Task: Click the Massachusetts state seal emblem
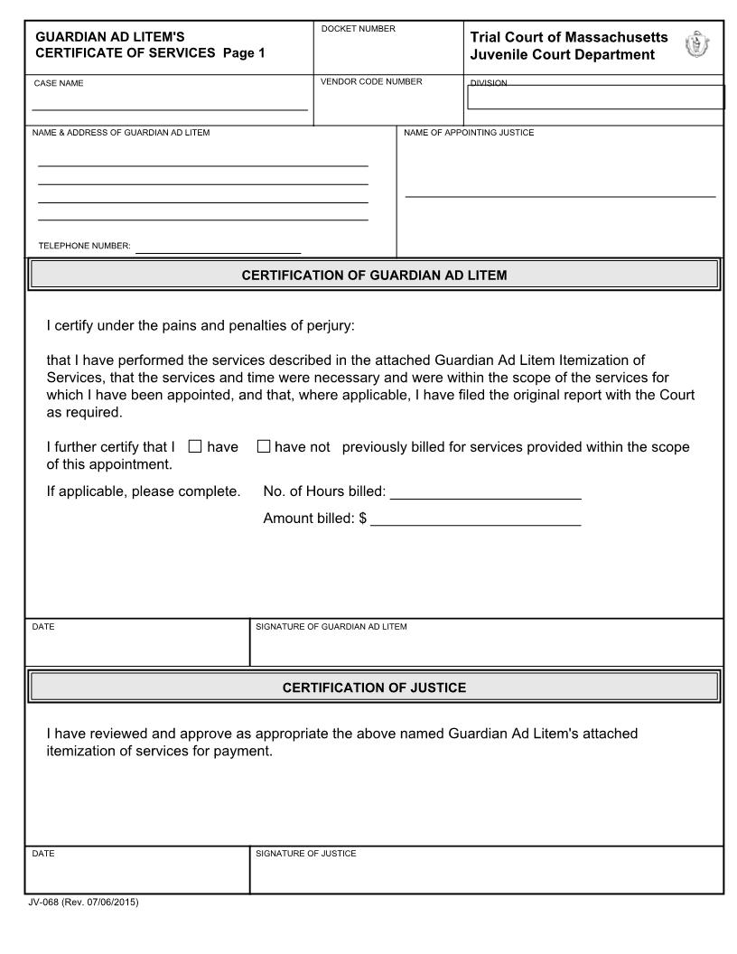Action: tap(698, 44)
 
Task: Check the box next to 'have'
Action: tap(195, 446)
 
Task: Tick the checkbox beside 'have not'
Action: tap(264, 446)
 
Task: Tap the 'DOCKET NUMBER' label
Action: tap(359, 30)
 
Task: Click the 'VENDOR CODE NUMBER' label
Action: tap(371, 82)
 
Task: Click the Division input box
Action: tap(596, 98)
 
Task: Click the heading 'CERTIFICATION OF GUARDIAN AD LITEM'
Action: tap(374, 276)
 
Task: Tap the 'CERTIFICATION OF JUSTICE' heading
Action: tap(374, 687)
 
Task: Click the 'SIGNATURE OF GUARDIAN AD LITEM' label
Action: tap(331, 627)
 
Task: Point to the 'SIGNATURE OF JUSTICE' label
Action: tap(306, 854)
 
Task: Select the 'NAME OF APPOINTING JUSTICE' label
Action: tap(469, 133)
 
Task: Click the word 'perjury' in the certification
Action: tap(317, 325)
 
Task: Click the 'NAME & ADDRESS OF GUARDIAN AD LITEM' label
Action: tap(121, 133)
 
